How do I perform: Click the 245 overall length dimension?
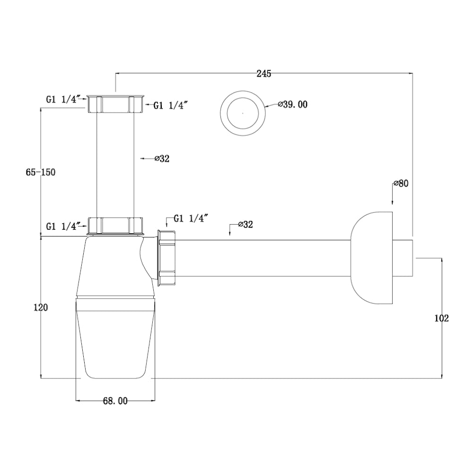point(263,74)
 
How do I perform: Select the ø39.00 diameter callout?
point(293,105)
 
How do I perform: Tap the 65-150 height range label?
point(41,172)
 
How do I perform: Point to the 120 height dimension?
point(41,307)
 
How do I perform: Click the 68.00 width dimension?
point(115,401)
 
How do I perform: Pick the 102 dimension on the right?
point(442,318)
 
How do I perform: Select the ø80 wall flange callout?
point(401,183)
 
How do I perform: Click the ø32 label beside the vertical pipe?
point(162,158)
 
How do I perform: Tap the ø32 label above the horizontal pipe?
point(245,224)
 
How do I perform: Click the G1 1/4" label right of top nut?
point(171,105)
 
